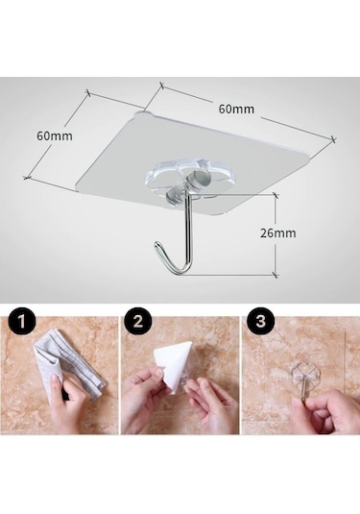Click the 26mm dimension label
[x=278, y=233]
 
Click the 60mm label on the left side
[x=55, y=135]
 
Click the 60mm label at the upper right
[x=236, y=109]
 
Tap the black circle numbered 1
[x=22, y=322]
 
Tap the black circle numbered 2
[x=139, y=322]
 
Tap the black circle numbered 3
[x=260, y=322]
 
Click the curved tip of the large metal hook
[x=157, y=245]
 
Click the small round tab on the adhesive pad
[x=144, y=114]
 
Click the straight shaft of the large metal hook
[x=187, y=230]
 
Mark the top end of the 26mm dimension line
[x=276, y=196]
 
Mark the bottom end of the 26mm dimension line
[x=276, y=275]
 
